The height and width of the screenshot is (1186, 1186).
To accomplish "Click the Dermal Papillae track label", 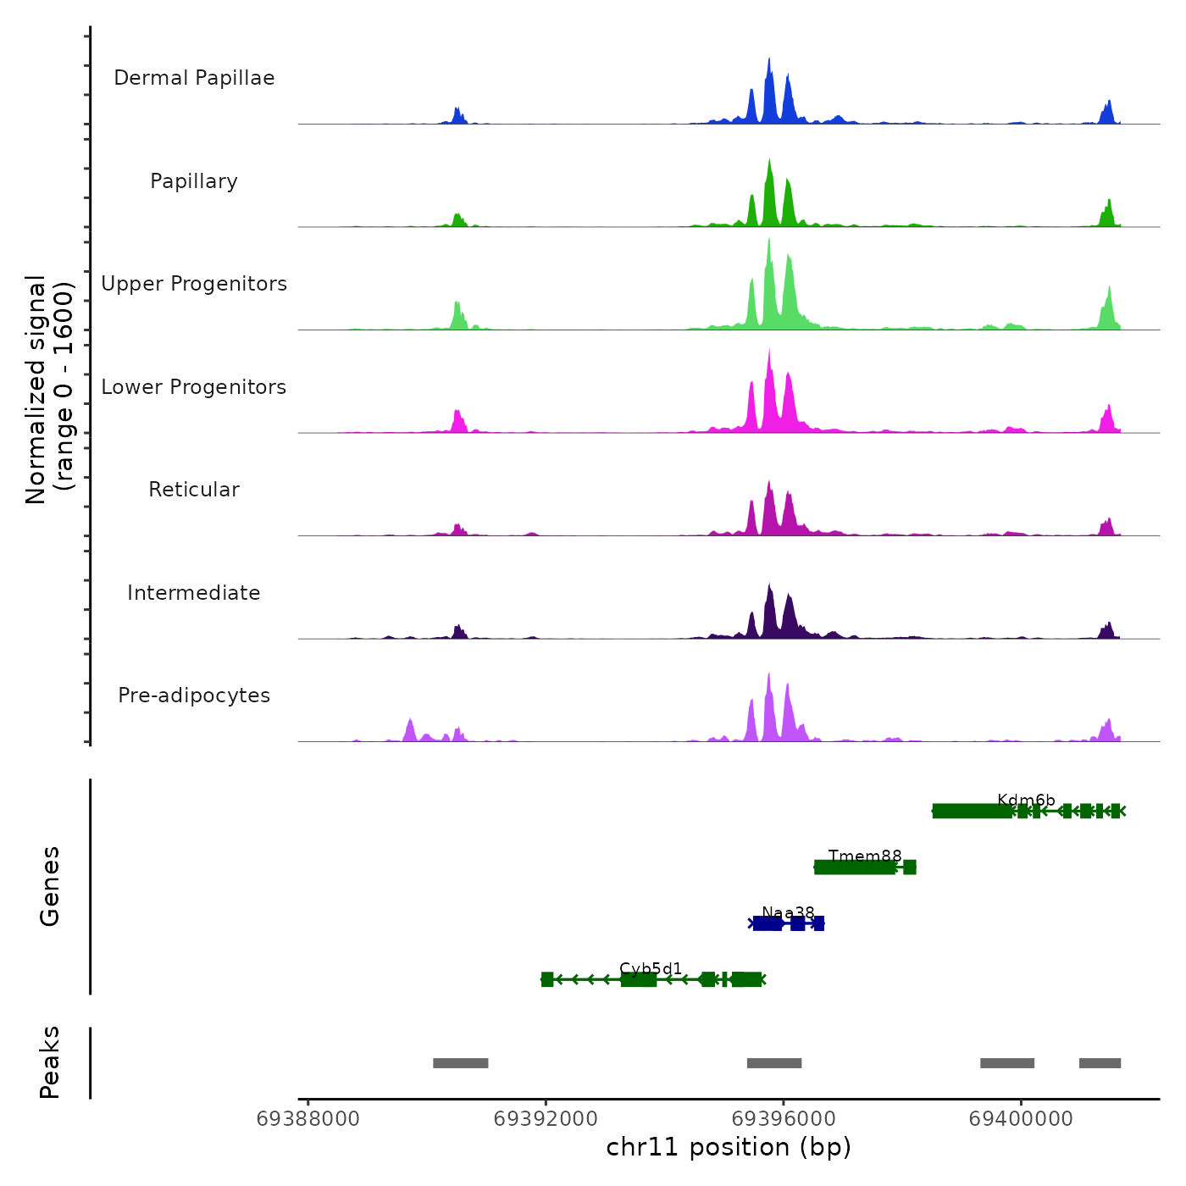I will point(194,78).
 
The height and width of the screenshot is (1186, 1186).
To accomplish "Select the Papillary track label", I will point(194,181).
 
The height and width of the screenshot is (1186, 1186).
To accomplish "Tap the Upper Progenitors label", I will point(194,284).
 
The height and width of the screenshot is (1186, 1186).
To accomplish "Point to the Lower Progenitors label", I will point(194,387).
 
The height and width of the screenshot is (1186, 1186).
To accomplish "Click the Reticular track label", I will point(194,490).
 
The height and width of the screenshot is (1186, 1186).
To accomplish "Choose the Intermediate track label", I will point(194,593).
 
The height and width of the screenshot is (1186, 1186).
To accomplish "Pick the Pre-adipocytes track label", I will point(194,696).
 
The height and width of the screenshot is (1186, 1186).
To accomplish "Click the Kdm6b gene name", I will point(1026,800).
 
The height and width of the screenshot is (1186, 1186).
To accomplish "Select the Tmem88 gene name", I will point(865,856).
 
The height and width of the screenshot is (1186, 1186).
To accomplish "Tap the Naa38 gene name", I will point(788,912).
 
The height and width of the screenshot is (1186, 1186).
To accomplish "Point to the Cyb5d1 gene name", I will point(651,968).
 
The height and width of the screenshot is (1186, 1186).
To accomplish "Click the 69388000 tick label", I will point(308,1119).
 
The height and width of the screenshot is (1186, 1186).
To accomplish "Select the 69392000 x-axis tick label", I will point(546,1119).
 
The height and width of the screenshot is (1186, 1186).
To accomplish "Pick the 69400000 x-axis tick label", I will point(1021,1119).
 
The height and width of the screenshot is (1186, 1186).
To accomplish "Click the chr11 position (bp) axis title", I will point(729,1147).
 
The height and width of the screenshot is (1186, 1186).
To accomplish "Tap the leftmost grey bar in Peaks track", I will point(460,1063).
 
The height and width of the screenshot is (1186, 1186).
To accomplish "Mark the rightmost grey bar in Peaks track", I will point(1100,1063).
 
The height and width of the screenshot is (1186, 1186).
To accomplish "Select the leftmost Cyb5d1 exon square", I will point(547,979).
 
